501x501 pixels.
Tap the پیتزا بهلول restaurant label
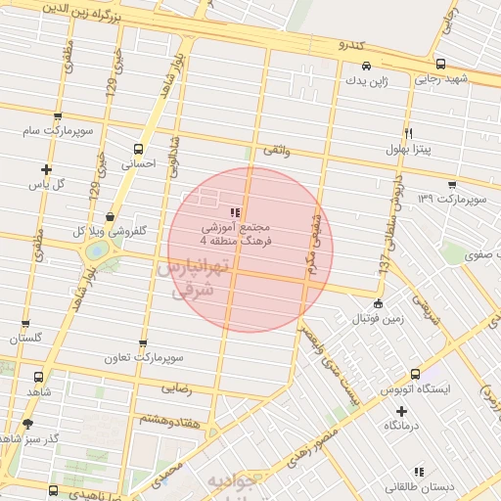[x=407, y=149]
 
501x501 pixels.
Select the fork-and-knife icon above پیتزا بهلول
[x=408, y=133]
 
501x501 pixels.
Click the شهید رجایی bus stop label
[x=441, y=79]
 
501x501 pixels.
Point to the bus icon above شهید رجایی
[x=441, y=65]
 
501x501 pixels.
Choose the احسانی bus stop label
[x=138, y=165]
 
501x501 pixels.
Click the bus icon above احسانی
[x=138, y=150]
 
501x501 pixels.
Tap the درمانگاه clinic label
[x=402, y=425]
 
